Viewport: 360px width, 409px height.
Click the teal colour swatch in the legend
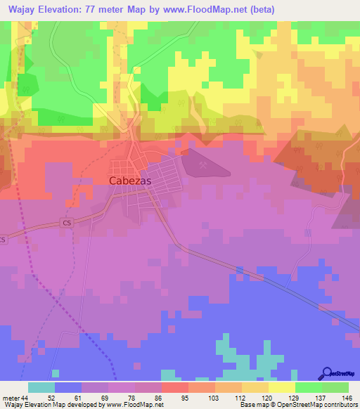pyautogui.click(x=41, y=388)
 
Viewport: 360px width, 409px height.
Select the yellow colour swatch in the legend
pyautogui.click(x=281, y=388)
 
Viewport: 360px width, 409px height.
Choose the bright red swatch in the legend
pyautogui.click(x=174, y=388)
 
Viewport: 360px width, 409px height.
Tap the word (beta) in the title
pyautogui.click(x=259, y=10)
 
